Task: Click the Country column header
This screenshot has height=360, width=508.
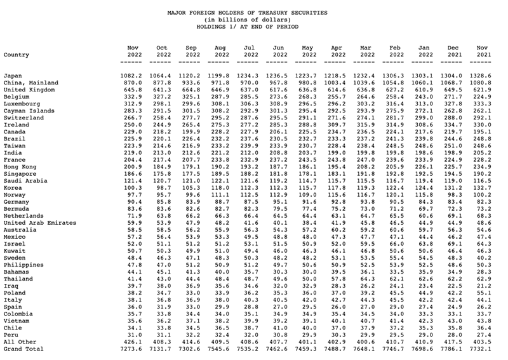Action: [x=16, y=55]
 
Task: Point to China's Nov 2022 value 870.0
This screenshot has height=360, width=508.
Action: [x=132, y=83]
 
